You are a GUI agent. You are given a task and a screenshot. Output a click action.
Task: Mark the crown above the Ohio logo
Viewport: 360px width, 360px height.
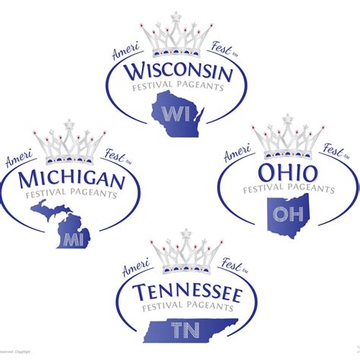coord(287,139)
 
